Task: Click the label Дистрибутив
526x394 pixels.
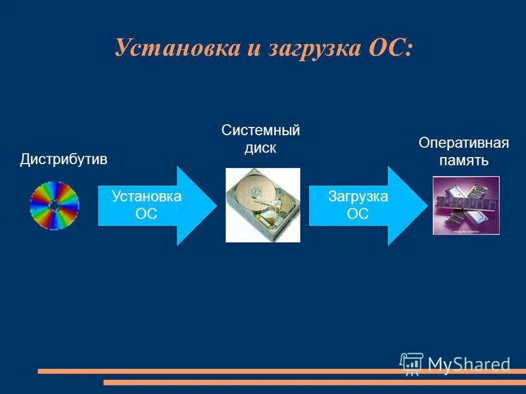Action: click(63, 160)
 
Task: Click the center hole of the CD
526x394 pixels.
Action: click(55, 205)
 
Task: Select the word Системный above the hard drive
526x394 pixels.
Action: click(260, 130)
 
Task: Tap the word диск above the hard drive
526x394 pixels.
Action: click(260, 148)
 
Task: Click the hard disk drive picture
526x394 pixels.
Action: click(263, 205)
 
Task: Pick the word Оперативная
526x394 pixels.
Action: click(464, 143)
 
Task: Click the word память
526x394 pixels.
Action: click(464, 161)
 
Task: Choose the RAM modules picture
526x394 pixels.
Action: click(466, 205)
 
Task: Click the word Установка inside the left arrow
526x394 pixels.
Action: click(147, 196)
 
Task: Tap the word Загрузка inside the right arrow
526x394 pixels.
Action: click(358, 196)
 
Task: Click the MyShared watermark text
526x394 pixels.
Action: click(469, 364)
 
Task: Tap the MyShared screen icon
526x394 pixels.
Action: click(412, 363)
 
